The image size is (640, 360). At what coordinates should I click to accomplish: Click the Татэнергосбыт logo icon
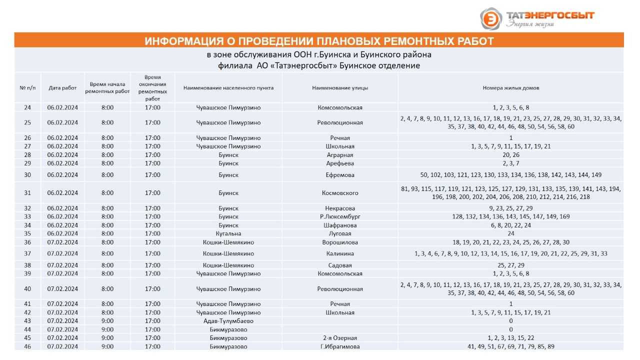coord(491,18)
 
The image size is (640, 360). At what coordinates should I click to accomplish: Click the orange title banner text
coord(319,40)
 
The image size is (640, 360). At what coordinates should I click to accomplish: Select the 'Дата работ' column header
coord(62,88)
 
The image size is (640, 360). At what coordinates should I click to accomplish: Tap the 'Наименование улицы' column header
coord(340,88)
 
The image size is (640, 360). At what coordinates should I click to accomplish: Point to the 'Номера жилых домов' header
coord(510,88)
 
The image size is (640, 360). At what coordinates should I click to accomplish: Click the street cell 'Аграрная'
coord(340,155)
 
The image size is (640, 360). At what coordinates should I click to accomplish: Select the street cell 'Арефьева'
coord(340,163)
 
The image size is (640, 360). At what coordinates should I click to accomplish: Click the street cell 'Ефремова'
coord(340,175)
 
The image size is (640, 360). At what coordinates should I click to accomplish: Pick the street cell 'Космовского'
coord(340,193)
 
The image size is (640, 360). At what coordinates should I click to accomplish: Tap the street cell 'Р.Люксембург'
coord(340,216)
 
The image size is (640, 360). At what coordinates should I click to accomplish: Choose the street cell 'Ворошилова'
coord(340,242)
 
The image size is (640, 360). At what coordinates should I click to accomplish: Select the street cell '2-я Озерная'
coord(340,338)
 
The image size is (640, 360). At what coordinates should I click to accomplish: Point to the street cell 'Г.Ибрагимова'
coord(340,346)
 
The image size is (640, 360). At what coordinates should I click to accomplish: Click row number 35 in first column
coord(27,233)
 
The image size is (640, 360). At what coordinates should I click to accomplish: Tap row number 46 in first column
coord(27,346)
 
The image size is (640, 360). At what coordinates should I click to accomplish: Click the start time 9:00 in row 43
coord(107,321)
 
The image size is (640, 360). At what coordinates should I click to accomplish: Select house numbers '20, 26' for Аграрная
coord(510,155)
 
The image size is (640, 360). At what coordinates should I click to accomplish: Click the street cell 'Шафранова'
coord(340,225)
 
